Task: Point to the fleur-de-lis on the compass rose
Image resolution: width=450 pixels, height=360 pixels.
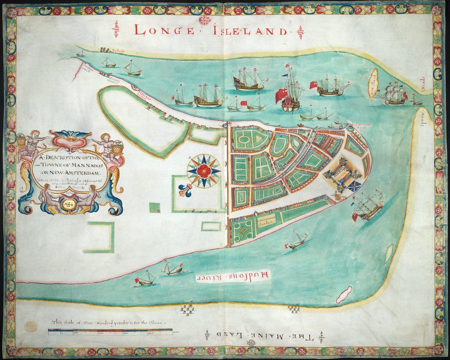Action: pos(185,190)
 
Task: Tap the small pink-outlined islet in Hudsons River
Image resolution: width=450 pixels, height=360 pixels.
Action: pos(344,295)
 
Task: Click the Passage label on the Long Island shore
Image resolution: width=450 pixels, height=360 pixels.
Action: pos(117,51)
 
